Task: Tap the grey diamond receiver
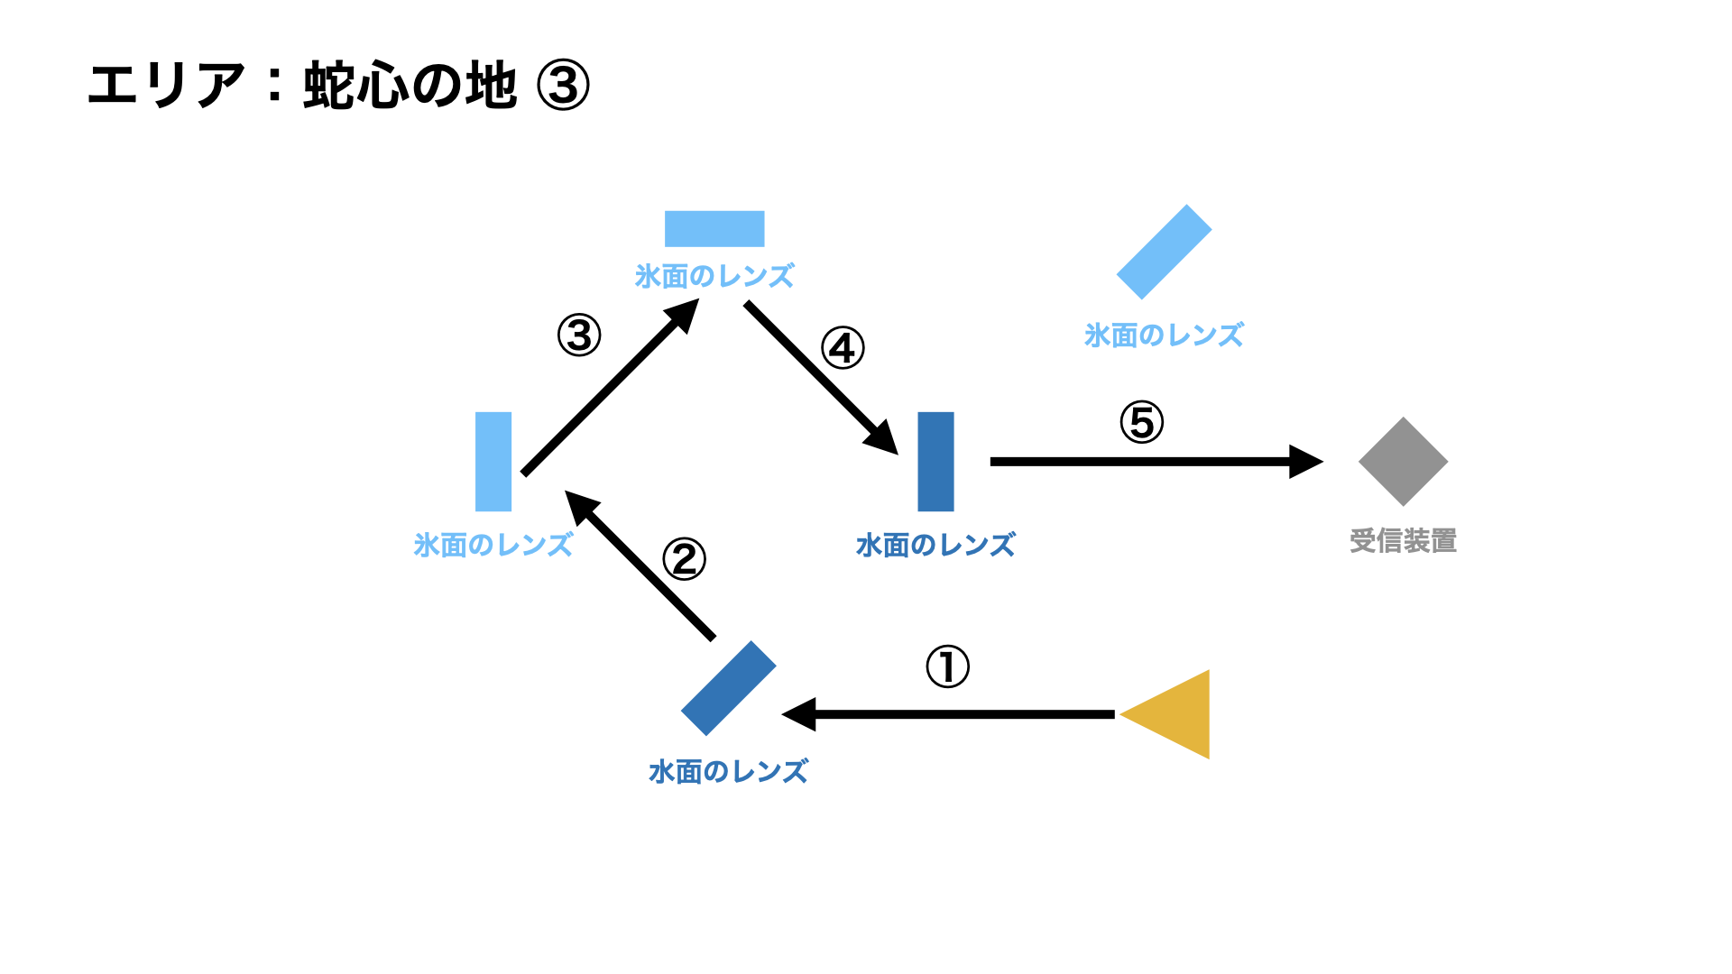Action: tap(1403, 462)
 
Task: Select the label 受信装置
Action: tap(1403, 541)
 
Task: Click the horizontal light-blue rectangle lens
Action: tap(714, 229)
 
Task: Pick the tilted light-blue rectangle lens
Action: tap(1164, 252)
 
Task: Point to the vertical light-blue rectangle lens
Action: tap(493, 462)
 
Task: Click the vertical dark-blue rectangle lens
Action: tap(935, 462)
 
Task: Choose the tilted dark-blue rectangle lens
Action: tap(728, 688)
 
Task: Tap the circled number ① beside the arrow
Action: tap(947, 667)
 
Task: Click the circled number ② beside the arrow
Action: tap(684, 559)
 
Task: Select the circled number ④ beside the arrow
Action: tap(843, 349)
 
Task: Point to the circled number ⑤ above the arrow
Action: tap(1142, 422)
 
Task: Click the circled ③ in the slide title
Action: tap(563, 86)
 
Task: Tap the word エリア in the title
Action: tap(167, 86)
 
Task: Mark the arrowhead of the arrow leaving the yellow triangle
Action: tap(799, 714)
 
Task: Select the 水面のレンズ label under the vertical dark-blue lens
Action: tap(935, 545)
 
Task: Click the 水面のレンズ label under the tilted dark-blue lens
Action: tap(728, 772)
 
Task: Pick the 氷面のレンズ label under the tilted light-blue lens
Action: tap(1164, 335)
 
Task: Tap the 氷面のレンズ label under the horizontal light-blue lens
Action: tap(714, 276)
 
